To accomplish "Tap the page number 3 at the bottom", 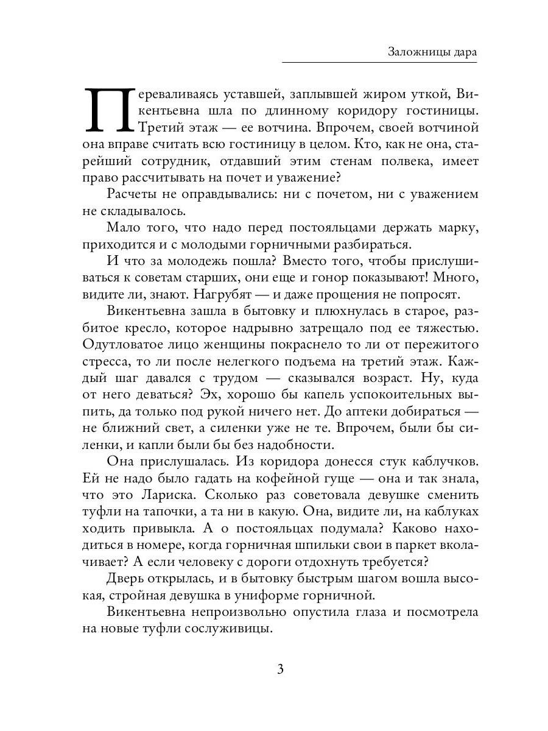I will point(280,669).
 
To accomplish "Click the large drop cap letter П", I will point(107,110).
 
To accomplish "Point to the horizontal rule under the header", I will point(380,62).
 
